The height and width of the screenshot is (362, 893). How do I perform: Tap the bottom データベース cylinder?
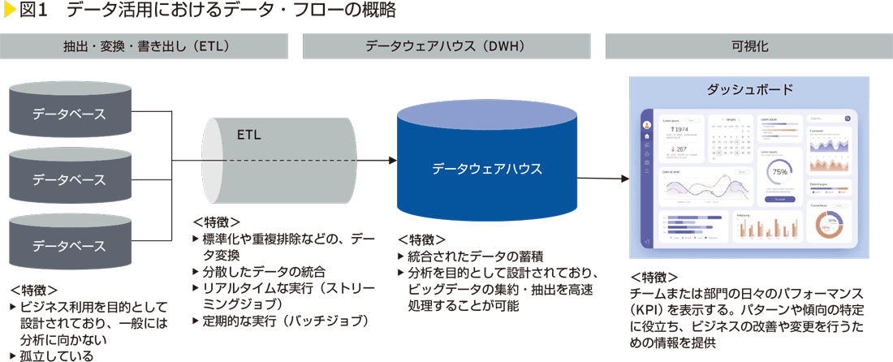pyautogui.click(x=69, y=244)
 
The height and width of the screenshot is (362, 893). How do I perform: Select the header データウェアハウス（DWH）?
pyautogui.click(x=450, y=46)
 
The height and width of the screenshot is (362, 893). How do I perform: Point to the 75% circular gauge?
pyautogui.click(x=779, y=172)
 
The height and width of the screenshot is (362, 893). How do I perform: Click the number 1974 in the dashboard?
pyautogui.click(x=680, y=128)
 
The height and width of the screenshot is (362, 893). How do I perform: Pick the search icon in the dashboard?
pyautogui.click(x=848, y=119)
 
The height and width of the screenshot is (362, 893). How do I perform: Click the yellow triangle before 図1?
pyautogui.click(x=11, y=11)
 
